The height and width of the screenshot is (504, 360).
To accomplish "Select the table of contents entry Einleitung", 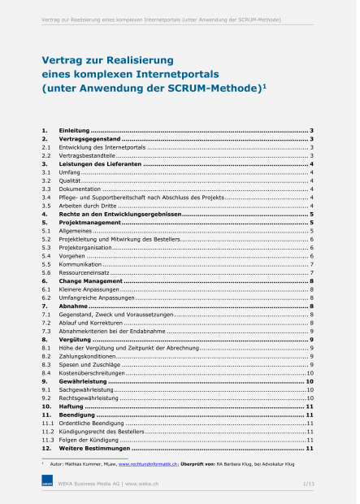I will (74, 130).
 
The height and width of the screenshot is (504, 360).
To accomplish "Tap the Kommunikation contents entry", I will (80, 265).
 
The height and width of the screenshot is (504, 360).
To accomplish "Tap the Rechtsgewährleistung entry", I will (89, 399).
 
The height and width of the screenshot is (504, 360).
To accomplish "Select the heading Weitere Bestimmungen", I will (94, 449).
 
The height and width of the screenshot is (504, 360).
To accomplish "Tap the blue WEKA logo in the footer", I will (47, 484).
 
